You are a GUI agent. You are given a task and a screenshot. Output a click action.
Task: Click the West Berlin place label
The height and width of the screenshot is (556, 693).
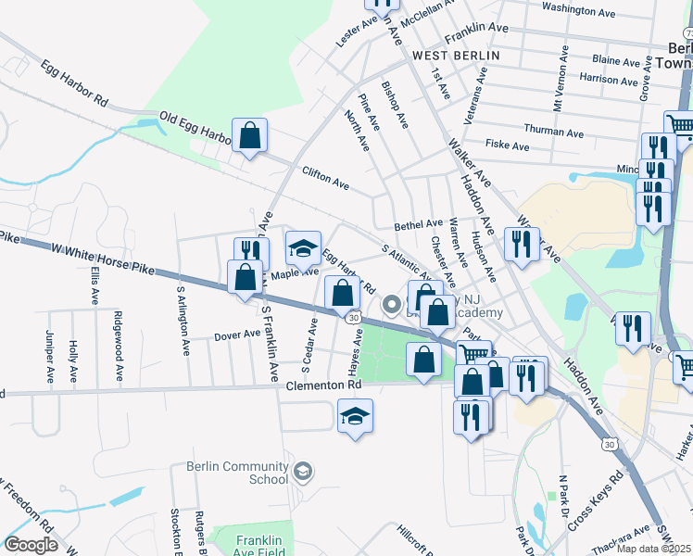456,56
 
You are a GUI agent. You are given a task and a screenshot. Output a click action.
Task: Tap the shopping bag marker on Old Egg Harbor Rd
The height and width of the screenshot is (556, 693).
249,137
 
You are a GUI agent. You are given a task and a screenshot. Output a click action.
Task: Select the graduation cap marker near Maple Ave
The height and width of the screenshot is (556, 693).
302,249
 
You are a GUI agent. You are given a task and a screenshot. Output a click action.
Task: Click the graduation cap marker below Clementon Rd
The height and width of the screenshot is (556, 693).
354,417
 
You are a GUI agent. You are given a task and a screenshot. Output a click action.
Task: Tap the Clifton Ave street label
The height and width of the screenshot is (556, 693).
325,179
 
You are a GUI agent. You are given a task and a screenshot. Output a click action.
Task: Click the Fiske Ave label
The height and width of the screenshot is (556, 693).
507,145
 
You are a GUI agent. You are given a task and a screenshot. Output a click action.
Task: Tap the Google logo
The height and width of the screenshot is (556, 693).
31,545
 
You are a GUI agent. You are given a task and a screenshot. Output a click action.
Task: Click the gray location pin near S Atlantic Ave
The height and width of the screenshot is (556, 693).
392,303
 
